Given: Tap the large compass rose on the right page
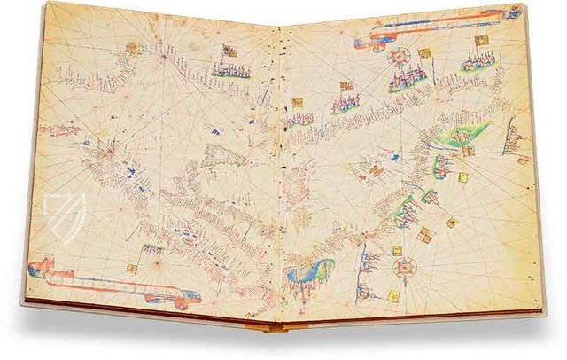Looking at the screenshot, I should coord(408,266).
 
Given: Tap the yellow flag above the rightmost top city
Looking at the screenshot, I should coord(481,40).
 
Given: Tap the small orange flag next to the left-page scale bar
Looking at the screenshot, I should coord(132,266).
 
